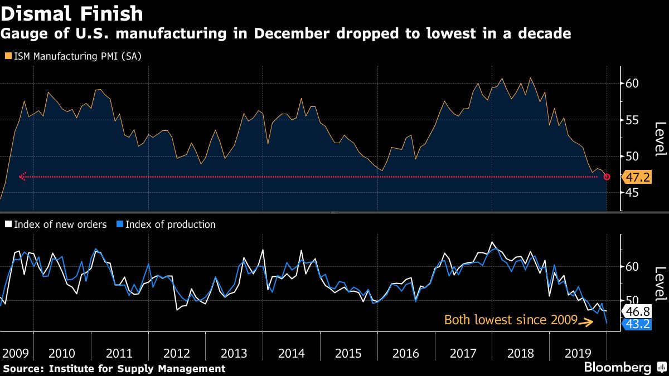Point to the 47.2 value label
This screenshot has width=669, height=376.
[636, 178]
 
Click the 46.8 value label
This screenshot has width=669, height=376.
[636, 311]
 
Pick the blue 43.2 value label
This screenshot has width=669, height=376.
[636, 324]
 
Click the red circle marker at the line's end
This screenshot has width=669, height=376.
[607, 177]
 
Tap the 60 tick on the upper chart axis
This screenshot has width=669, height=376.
[631, 84]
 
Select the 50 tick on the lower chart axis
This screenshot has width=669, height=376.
[631, 301]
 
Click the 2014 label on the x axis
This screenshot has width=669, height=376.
[292, 353]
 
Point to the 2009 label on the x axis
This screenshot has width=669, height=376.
[16, 353]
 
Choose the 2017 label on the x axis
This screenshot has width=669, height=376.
[463, 353]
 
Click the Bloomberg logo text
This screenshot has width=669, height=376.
[617, 368]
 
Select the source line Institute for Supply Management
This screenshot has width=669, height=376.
[114, 369]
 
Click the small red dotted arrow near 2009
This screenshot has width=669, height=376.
[23, 176]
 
